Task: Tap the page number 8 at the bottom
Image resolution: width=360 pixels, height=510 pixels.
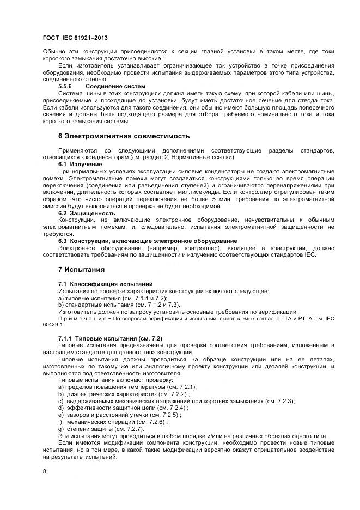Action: [x=44, y=471]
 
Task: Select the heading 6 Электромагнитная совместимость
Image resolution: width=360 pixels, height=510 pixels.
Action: [x=124, y=135]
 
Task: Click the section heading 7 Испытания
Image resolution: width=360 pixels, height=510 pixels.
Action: [x=81, y=269]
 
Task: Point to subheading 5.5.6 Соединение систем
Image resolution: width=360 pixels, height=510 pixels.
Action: [x=101, y=86]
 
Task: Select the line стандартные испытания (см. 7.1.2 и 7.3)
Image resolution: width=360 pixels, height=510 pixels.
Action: [x=119, y=305]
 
